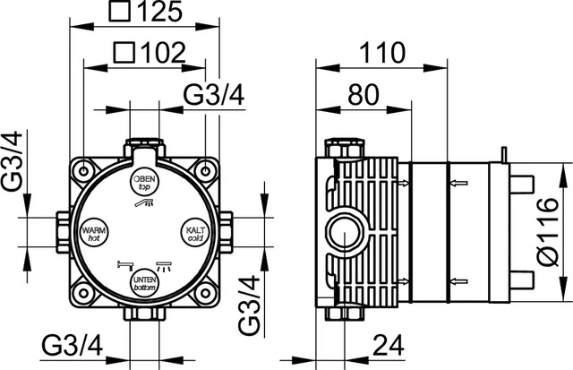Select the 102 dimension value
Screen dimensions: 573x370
[163, 54]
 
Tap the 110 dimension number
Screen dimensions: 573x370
[382, 53]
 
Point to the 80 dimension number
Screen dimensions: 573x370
[363, 95]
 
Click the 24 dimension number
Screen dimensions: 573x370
[388, 345]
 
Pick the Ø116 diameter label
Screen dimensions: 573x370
[548, 232]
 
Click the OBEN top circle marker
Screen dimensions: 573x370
[144, 182]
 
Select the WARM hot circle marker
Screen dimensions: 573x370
[94, 233]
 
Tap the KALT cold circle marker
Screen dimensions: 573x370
[195, 233]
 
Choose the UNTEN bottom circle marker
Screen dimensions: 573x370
[144, 283]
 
